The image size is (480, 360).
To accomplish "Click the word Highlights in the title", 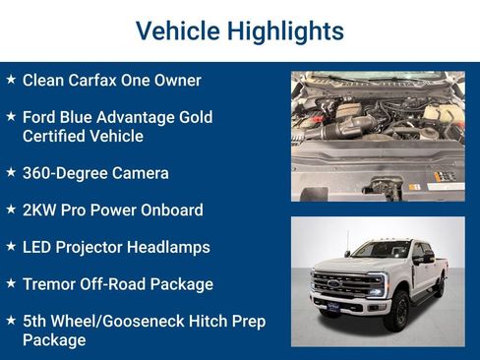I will [285, 31].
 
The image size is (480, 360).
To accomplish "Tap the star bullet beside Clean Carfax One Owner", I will [11, 79].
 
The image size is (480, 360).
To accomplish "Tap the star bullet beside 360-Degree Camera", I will [11, 171].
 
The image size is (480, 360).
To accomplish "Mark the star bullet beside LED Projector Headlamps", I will [11, 245].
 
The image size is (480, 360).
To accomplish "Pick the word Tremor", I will [49, 284].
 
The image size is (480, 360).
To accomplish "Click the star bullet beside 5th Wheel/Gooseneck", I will [11, 320].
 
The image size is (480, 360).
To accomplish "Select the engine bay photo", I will [377, 136].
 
